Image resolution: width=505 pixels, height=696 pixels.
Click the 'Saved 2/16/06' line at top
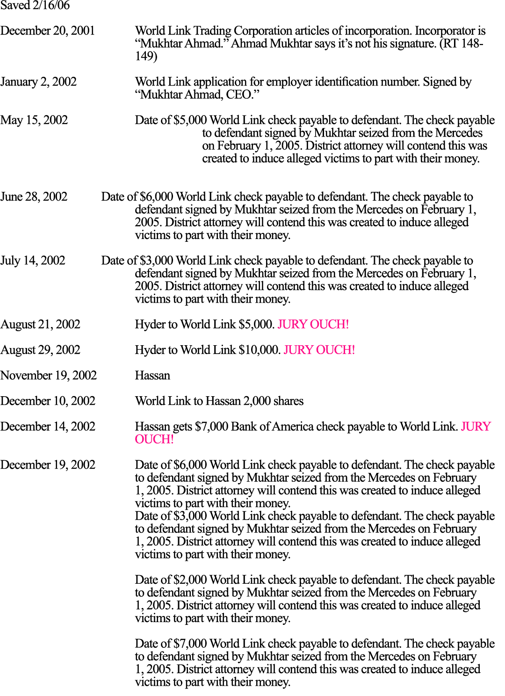coord(35,5)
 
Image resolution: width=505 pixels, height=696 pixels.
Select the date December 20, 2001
coord(48,31)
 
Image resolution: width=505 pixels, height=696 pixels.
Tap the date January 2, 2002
coord(38,82)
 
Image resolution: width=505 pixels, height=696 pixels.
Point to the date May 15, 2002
coord(34,120)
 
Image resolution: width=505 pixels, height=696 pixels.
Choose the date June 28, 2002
coord(34,196)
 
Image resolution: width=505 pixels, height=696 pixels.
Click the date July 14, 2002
coord(33,261)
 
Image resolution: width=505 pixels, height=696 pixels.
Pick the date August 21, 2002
coord(40,325)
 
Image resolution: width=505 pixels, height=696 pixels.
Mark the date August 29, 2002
coord(40,350)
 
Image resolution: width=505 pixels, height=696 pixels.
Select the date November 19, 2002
coord(49,375)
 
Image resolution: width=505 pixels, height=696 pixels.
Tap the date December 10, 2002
coord(48,401)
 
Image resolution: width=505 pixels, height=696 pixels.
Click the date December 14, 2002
coord(48,427)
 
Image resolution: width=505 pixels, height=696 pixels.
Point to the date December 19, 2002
coord(48,465)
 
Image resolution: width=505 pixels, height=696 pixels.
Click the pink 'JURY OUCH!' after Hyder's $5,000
coord(313,325)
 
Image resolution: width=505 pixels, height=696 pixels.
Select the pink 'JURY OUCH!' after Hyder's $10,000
coord(319,350)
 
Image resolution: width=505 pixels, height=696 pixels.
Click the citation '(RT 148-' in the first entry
coord(462,43)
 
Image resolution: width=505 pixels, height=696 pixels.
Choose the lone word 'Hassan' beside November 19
coord(152,375)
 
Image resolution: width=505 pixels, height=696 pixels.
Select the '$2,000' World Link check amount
coord(190,580)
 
